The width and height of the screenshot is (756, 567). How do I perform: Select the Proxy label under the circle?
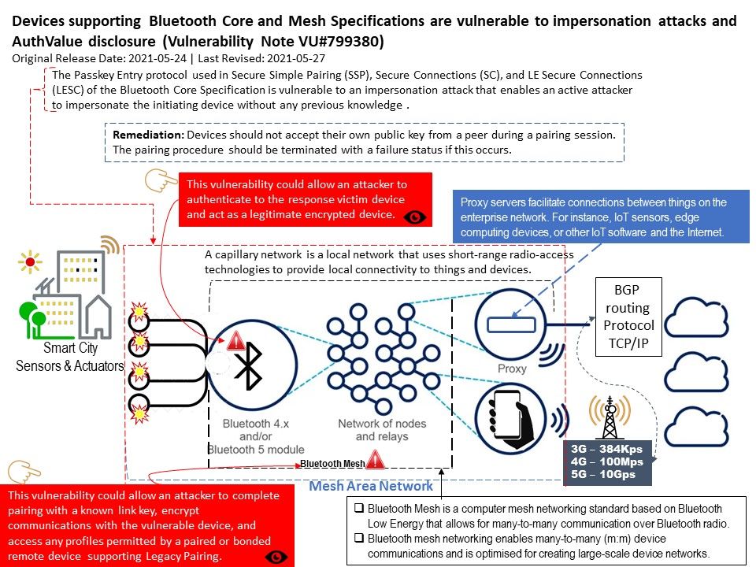click(512, 369)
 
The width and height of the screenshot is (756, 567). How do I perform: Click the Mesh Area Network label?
click(370, 486)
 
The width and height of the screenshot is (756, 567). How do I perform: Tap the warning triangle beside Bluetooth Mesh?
click(376, 459)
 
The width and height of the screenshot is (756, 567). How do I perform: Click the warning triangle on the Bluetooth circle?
click(235, 341)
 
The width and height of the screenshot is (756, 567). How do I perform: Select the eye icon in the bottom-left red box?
click(277, 557)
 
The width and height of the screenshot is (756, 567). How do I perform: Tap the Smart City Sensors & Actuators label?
click(70, 357)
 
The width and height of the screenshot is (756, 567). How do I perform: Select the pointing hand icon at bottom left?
click(23, 472)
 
